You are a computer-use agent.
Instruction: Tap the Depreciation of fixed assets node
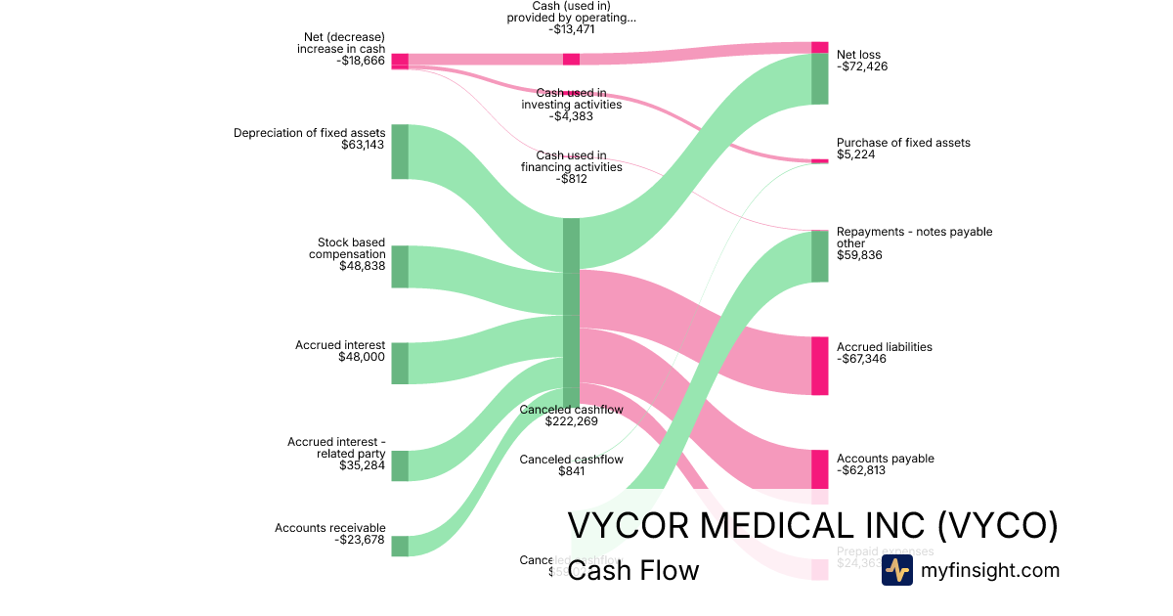(400, 152)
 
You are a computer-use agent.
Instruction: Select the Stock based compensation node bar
(400, 267)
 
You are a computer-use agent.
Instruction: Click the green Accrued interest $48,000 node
(400, 363)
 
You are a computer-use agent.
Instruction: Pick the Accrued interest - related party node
(400, 465)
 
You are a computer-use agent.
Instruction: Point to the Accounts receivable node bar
(400, 546)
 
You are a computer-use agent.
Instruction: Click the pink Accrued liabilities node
(819, 366)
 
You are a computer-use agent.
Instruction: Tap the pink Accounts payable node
(819, 469)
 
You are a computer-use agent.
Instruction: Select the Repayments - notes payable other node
(819, 256)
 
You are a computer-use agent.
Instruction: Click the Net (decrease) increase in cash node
(400, 62)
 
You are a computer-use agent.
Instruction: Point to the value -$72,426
(862, 66)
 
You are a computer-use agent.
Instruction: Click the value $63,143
(363, 145)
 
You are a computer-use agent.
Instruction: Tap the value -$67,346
(862, 359)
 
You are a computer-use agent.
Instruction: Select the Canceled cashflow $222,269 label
(571, 416)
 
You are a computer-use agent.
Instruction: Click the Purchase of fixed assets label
(903, 143)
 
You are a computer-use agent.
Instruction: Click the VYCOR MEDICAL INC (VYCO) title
(812, 526)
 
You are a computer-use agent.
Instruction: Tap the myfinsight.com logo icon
(896, 570)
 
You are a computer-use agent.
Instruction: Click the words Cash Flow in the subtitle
(632, 570)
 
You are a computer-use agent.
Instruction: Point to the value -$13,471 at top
(571, 29)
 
